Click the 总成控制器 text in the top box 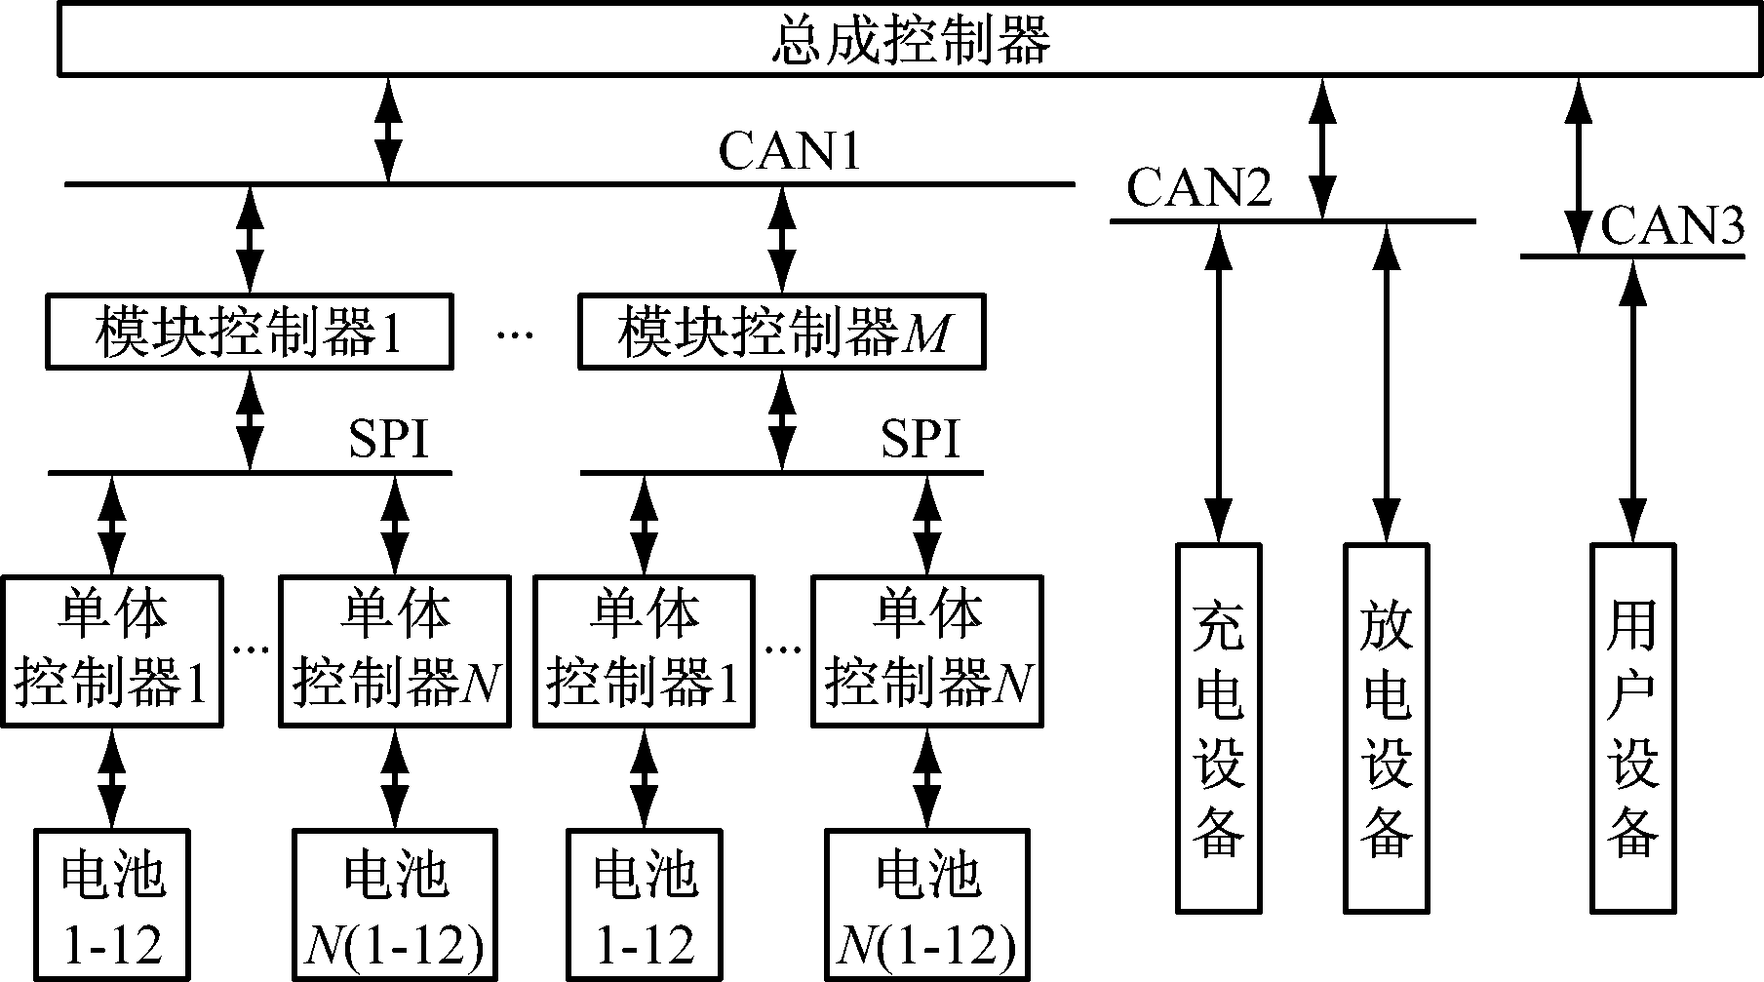pos(911,41)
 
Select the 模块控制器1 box pos(250,333)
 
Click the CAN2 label pos(1199,187)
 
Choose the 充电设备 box pos(1218,728)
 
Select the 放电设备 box pos(1386,728)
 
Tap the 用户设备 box pos(1632,728)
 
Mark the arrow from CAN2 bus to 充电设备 pos(1218,382)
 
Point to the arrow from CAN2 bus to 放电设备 pos(1386,382)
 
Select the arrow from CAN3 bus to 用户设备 pos(1632,400)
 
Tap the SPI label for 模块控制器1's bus pos(389,440)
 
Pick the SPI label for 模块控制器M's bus pos(921,440)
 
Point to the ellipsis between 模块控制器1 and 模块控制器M pos(515,335)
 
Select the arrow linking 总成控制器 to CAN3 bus pos(1578,166)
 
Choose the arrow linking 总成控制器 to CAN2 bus pos(1323,148)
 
